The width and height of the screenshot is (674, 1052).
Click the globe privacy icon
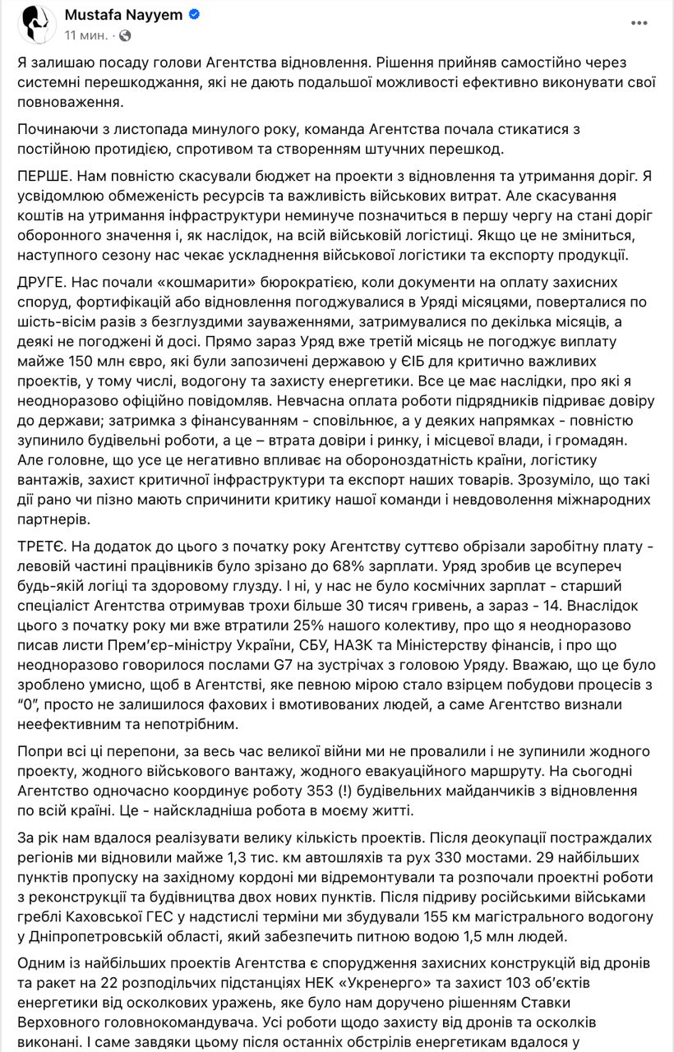click(125, 35)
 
